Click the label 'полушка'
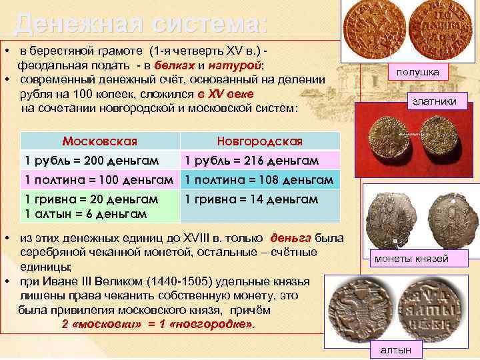click(418, 71)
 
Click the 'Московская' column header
click(99, 141)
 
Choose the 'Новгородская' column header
click(259, 141)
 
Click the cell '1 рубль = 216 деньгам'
click(252, 161)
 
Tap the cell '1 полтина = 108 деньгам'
click(259, 180)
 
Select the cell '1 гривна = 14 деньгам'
click(251, 199)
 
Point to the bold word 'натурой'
click(235, 65)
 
